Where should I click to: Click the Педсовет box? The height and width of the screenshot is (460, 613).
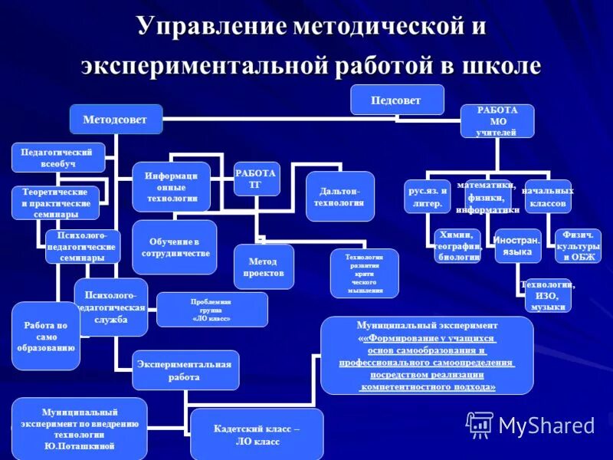point(397,100)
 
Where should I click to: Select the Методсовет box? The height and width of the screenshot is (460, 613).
point(116,120)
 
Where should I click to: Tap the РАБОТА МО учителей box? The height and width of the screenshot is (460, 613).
point(497,121)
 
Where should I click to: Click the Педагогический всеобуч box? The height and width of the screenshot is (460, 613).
point(58,157)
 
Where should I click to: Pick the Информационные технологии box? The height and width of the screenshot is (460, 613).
point(172,187)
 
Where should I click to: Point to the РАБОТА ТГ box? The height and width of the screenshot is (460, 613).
point(257,179)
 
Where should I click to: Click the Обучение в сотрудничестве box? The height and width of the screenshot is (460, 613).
point(174,247)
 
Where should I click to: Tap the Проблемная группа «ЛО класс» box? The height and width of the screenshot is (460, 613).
point(211,309)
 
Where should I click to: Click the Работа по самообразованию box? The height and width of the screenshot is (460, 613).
point(46,336)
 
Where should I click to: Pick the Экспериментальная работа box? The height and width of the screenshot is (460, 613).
point(185,370)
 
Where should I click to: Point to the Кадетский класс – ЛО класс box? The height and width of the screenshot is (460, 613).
point(257,435)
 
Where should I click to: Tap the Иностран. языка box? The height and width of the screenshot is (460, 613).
point(517,246)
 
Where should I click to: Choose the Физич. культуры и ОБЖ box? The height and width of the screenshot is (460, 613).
point(577,245)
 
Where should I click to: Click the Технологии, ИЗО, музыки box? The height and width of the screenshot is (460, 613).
point(547,295)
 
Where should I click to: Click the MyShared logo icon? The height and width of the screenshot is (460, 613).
point(480,425)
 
